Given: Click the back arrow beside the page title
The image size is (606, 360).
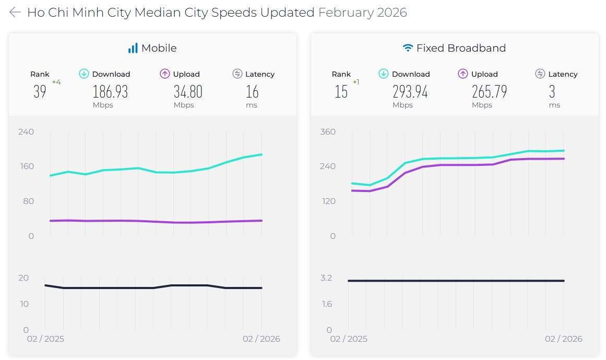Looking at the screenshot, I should pyautogui.click(x=15, y=13).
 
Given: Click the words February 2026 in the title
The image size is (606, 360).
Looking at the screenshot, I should pyautogui.click(x=362, y=13).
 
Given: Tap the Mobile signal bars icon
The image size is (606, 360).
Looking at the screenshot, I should pyautogui.click(x=133, y=48).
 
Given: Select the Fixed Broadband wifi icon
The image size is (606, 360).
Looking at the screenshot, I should pyautogui.click(x=408, y=48).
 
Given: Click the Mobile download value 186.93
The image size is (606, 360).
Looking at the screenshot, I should pyautogui.click(x=110, y=92).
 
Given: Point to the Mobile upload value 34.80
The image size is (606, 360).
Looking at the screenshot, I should pyautogui.click(x=188, y=92).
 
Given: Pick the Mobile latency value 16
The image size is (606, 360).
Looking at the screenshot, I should pyautogui.click(x=252, y=92).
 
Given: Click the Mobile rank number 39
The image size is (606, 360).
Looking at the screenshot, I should pyautogui.click(x=40, y=92).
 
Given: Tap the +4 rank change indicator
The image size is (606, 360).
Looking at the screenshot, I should pyautogui.click(x=56, y=82).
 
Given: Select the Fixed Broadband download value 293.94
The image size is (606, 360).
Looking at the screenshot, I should pyautogui.click(x=410, y=92).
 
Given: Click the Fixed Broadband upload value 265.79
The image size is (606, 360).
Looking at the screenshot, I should pyautogui.click(x=490, y=92).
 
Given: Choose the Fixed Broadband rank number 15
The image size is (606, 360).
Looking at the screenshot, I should pyautogui.click(x=341, y=92).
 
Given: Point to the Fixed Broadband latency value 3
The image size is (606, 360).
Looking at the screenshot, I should pyautogui.click(x=552, y=92).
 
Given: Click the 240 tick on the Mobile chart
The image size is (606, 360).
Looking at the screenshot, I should pyautogui.click(x=26, y=131).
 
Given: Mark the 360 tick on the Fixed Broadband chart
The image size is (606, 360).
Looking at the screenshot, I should pyautogui.click(x=328, y=131).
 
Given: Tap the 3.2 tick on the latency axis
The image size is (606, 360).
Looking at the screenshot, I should pyautogui.click(x=327, y=278).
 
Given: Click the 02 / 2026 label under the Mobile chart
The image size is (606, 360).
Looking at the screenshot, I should pyautogui.click(x=261, y=339).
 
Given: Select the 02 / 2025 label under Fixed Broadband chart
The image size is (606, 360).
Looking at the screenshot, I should pyautogui.click(x=349, y=339).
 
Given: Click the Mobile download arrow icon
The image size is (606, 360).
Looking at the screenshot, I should pyautogui.click(x=84, y=74).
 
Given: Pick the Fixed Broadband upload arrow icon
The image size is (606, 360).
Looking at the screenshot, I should pyautogui.click(x=463, y=74).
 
